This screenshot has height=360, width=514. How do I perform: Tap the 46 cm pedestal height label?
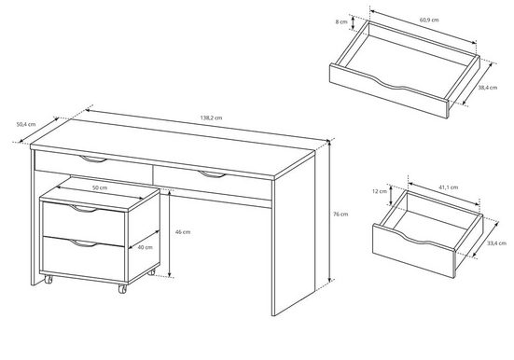pyautogui.click(x=187, y=231)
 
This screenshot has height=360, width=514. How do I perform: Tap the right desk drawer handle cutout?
pyautogui.click(x=212, y=174)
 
